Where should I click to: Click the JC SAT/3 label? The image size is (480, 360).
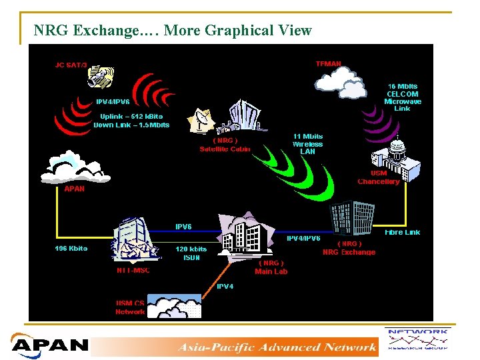tap(72, 65)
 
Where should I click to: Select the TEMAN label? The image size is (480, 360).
tap(328, 64)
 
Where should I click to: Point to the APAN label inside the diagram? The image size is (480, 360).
tap(74, 189)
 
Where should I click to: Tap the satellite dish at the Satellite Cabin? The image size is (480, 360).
tap(203, 121)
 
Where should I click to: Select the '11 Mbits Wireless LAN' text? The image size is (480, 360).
tap(307, 144)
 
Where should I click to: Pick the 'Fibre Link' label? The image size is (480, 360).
tap(403, 232)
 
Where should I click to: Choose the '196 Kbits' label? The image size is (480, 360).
tap(71, 249)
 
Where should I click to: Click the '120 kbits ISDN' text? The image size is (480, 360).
tap(191, 253)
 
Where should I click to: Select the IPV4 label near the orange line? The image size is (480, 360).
tap(225, 286)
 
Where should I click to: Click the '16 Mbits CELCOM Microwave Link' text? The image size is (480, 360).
tap(403, 97)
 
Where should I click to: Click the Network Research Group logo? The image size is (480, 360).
tap(417, 340)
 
